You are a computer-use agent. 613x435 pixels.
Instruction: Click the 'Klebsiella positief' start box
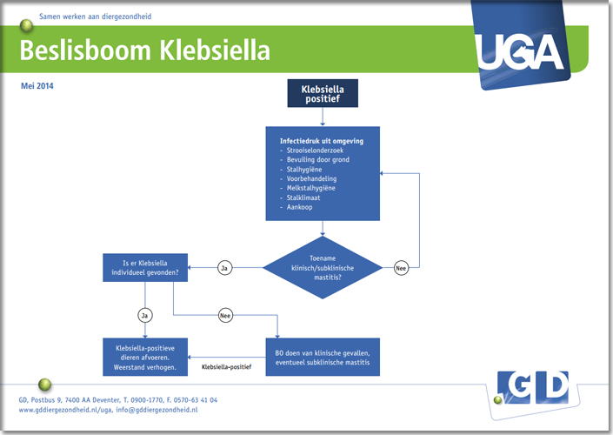point(322,93)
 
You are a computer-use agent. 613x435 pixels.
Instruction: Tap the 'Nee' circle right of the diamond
point(401,268)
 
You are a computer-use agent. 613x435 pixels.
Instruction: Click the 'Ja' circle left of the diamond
point(224,268)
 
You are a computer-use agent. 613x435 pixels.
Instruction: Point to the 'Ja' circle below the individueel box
point(145,314)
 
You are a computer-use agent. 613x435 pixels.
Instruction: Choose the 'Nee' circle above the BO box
point(226,314)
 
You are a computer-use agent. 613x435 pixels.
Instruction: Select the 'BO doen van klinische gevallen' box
point(323,356)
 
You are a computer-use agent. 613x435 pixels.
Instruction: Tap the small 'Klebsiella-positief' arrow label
point(227,367)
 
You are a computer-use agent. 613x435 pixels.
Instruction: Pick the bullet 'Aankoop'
point(295,207)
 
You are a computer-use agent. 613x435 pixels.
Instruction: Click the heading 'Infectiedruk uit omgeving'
point(321,141)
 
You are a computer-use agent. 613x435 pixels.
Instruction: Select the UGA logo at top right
point(521,50)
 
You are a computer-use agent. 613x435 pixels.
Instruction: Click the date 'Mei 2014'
point(37,86)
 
